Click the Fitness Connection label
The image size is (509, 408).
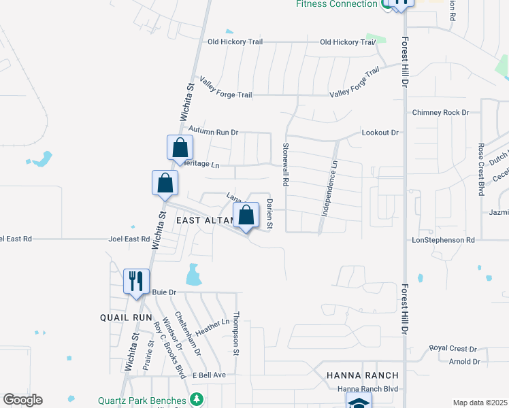336,4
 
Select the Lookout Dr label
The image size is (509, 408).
380,133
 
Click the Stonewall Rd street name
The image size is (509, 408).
286,165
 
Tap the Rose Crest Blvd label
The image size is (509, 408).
480,170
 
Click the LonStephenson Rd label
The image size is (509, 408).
443,240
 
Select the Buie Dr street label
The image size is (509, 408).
164,292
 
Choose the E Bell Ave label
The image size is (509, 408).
208,375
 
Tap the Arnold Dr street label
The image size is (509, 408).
465,362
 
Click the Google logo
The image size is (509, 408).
22,400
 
